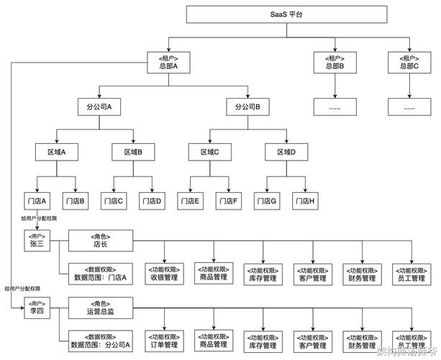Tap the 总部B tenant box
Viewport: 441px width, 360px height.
[334, 62]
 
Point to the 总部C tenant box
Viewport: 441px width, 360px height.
[409, 62]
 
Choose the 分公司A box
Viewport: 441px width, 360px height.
[99, 107]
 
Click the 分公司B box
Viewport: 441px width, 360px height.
[247, 107]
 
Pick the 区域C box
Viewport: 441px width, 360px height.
[209, 152]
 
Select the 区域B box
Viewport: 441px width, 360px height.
[133, 152]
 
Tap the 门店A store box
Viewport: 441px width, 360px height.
[36, 199]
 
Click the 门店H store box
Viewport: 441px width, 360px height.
[304, 199]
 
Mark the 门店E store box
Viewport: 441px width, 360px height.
[189, 199]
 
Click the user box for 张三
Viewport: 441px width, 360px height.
[36, 240]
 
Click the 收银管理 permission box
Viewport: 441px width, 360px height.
[164, 274]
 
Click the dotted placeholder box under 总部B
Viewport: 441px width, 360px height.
[334, 107]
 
